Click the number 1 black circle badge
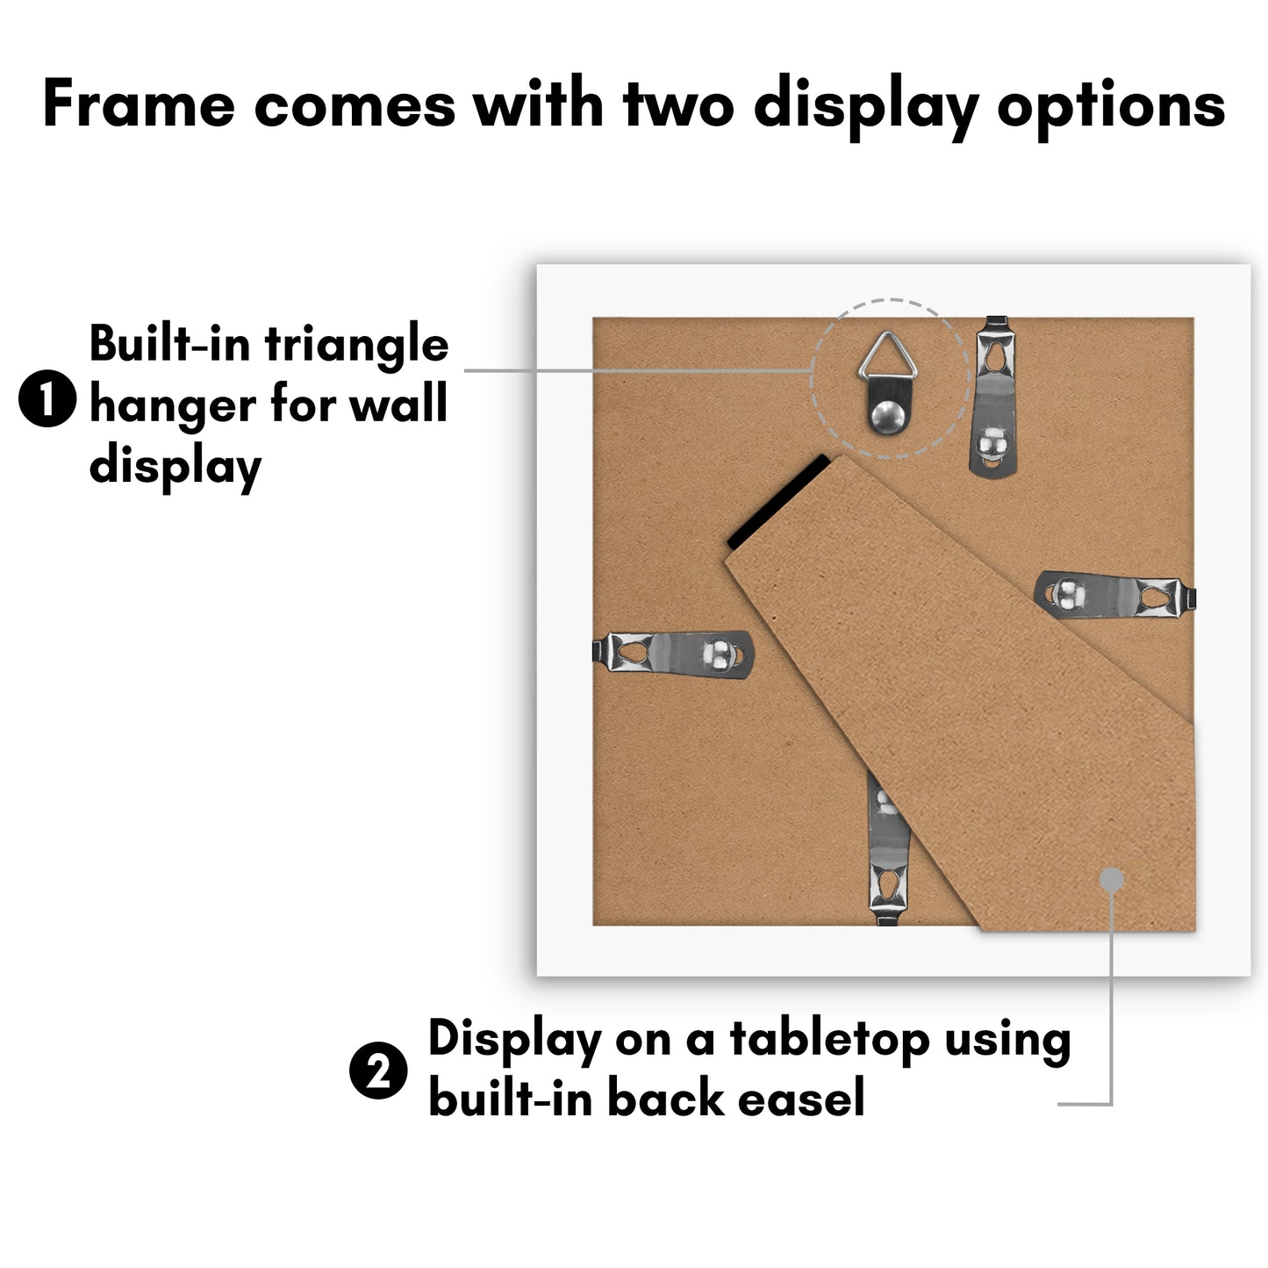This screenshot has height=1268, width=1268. point(47,398)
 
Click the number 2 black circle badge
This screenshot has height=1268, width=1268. point(377,1070)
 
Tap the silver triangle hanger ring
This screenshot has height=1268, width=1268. point(888,355)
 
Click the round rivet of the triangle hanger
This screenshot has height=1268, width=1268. point(888,416)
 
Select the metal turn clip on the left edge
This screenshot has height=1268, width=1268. point(672,655)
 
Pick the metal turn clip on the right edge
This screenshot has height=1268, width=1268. point(1115,595)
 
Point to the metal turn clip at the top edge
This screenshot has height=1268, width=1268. point(993,396)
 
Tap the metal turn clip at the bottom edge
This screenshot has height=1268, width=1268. point(888,849)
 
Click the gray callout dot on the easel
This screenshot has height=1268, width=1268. point(1112,879)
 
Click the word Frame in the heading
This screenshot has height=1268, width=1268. point(138,104)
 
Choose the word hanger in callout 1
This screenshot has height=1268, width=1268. point(172,406)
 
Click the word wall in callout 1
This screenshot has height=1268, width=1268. point(398,402)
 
